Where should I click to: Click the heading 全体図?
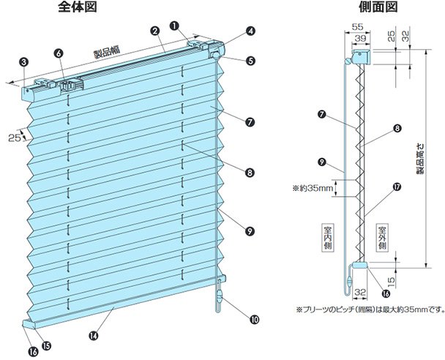(x=76, y=8)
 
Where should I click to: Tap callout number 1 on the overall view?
(x=174, y=24)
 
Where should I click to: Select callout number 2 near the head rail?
(x=155, y=31)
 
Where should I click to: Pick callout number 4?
(x=250, y=31)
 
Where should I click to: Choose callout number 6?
(x=59, y=52)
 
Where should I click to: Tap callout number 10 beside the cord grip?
(x=255, y=319)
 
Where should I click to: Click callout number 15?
(x=47, y=346)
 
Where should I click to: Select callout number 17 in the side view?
(x=397, y=187)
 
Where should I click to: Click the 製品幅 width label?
(x=107, y=53)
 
